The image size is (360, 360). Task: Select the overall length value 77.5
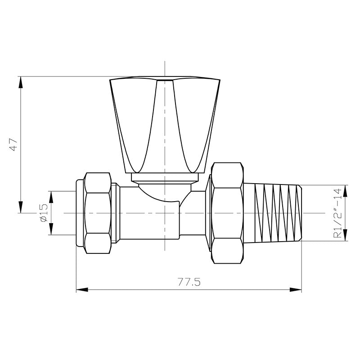pyautogui.click(x=189, y=282)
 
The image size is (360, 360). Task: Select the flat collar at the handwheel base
pyautogui.click(x=165, y=178)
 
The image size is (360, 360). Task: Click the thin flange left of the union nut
pyautogui.click(x=208, y=212)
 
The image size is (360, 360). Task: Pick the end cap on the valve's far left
pyautogui.click(x=80, y=212)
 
